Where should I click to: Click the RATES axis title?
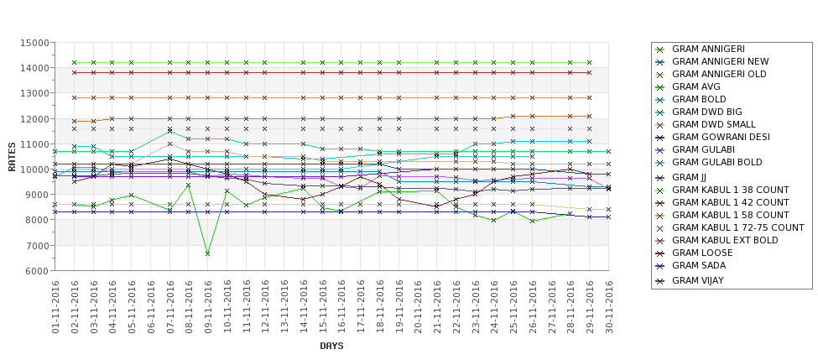click(x=12, y=157)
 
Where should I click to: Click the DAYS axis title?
click(x=331, y=346)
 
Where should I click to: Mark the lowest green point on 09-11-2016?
click(x=208, y=253)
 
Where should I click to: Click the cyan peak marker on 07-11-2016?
click(x=169, y=131)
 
